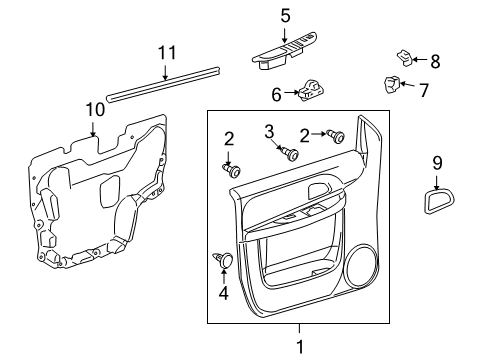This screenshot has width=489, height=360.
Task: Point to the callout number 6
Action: (x=277, y=94)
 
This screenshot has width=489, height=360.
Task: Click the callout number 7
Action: (x=423, y=91)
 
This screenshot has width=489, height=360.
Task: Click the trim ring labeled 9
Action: (x=436, y=204)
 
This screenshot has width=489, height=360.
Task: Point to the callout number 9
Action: (x=437, y=163)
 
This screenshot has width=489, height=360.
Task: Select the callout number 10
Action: (x=94, y=108)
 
